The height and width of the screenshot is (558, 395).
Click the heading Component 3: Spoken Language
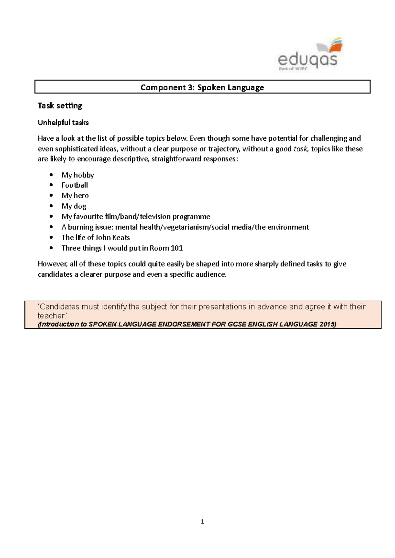[x=202, y=87]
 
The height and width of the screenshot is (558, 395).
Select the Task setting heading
[x=60, y=106]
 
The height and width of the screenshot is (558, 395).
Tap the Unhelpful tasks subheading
[x=63, y=123]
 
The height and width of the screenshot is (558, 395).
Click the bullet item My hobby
[x=78, y=175]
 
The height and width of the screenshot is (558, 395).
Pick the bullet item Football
[x=75, y=185]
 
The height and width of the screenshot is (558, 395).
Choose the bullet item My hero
[x=75, y=196]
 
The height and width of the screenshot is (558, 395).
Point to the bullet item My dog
[x=74, y=206]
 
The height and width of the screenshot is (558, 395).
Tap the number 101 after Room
[x=177, y=248]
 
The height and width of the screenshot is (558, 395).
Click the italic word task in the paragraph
[x=300, y=149]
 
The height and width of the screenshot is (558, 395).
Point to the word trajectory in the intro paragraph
[x=224, y=149]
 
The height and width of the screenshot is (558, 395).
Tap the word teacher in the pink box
[x=49, y=316]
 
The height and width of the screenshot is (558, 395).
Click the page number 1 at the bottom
[x=202, y=522]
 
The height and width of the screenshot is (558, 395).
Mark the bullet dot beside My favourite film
[x=51, y=217]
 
